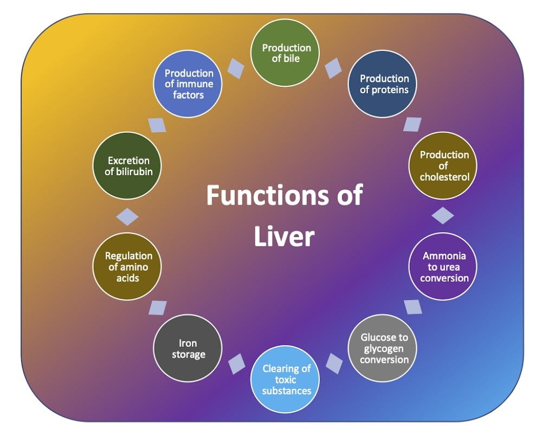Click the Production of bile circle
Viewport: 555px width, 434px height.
[285, 53]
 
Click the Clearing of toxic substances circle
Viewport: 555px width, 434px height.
[286, 379]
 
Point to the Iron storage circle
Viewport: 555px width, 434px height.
[188, 348]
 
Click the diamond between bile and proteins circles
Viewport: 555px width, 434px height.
[334, 68]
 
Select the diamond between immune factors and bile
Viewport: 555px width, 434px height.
[235, 68]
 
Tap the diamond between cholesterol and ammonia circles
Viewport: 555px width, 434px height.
[443, 215]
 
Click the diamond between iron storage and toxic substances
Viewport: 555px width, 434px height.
[236, 363]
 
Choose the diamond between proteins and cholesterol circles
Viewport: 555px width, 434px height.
[412, 124]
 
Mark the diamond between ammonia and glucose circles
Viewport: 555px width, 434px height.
[413, 307]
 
